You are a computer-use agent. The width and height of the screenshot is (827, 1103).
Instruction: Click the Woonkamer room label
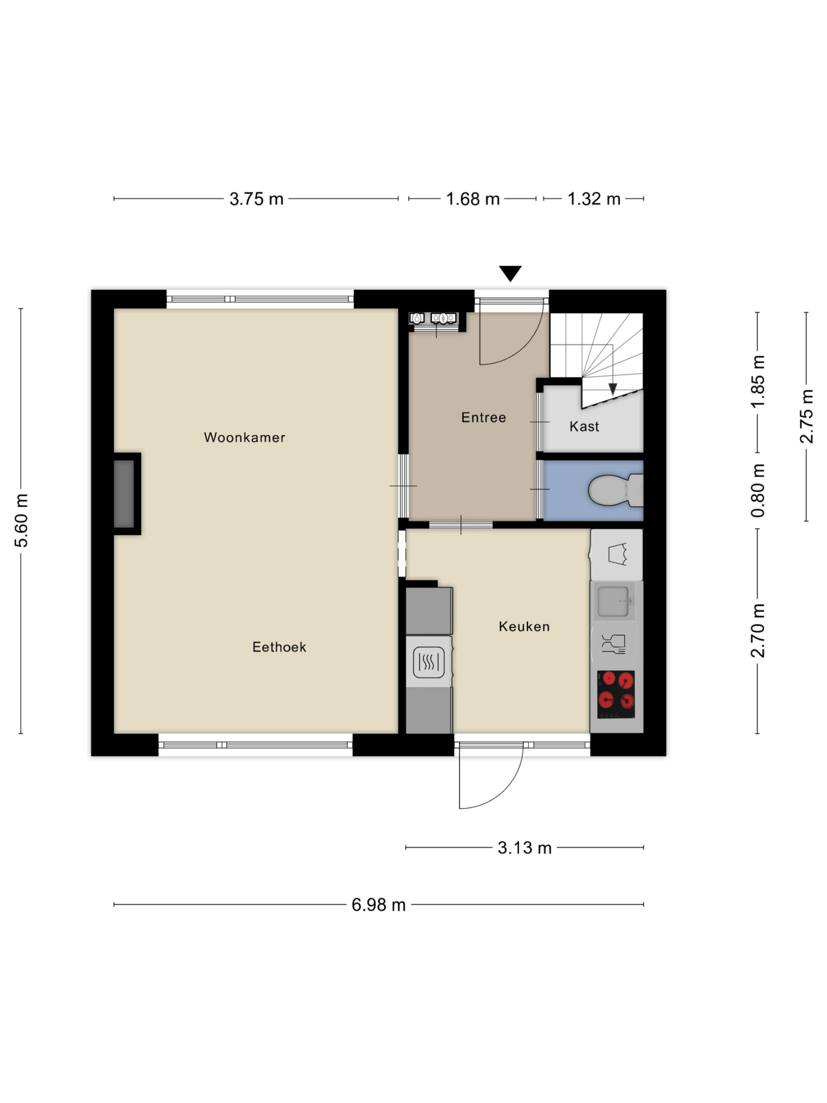tap(244, 437)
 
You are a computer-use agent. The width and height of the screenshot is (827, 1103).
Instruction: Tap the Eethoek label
tap(279, 647)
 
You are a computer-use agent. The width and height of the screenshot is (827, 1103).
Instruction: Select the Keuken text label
tap(524, 626)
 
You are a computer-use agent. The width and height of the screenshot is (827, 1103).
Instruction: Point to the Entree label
tap(483, 418)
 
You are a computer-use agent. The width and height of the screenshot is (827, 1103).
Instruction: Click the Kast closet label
tap(584, 427)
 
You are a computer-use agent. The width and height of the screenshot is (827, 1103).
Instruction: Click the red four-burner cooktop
tap(616, 694)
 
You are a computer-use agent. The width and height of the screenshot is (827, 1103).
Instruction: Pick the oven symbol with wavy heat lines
tap(428, 662)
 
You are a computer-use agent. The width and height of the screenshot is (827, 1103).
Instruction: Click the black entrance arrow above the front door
tap(510, 273)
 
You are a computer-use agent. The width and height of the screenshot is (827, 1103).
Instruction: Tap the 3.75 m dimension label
tap(256, 199)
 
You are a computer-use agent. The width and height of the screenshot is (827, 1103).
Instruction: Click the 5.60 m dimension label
tap(21, 520)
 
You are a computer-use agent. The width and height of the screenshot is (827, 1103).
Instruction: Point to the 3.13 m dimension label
tap(525, 848)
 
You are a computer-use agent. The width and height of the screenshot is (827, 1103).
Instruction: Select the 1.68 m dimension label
tap(473, 199)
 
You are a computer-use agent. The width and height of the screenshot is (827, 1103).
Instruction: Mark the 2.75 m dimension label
tap(806, 416)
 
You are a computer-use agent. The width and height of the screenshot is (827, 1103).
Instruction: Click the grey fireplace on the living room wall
tap(124, 494)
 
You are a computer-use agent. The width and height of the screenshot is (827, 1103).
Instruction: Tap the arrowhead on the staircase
tap(612, 389)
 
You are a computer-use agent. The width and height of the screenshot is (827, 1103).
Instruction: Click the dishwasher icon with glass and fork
tap(613, 644)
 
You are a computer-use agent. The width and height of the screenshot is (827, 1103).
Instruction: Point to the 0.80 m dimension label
tap(757, 490)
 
